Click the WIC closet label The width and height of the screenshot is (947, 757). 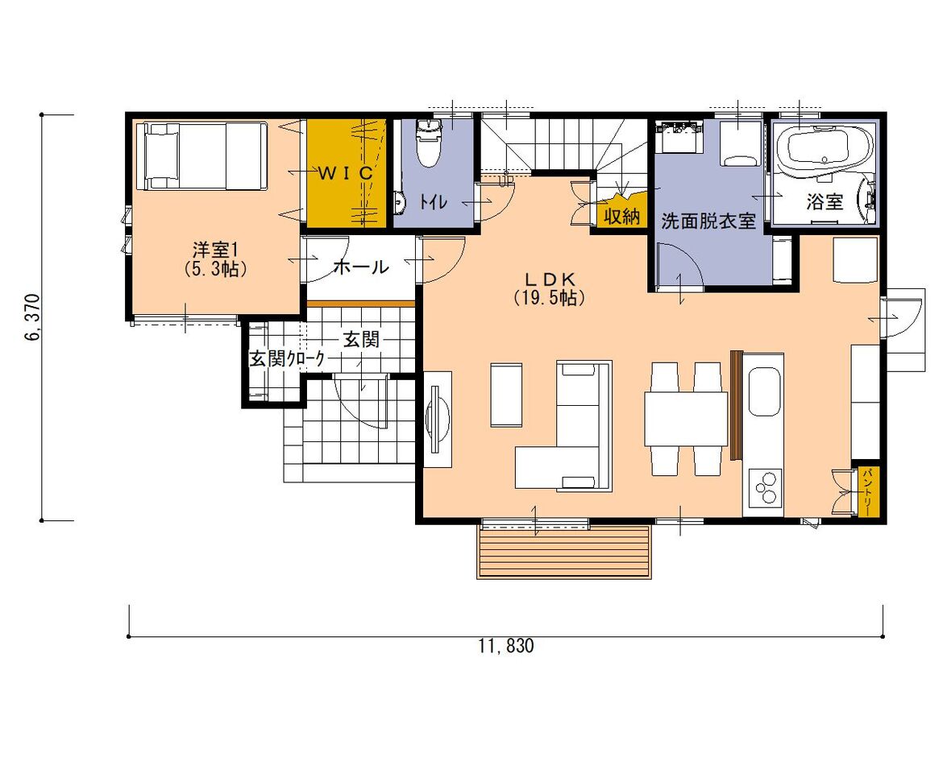(x=345, y=173)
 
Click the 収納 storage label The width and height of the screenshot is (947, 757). (x=622, y=216)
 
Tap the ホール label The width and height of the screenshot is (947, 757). (x=359, y=267)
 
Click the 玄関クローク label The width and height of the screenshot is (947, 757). (x=287, y=359)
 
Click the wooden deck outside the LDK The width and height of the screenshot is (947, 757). (x=563, y=552)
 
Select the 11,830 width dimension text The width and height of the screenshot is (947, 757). (x=507, y=647)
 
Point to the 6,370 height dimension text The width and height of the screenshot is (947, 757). (x=32, y=317)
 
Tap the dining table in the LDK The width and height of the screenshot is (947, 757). (x=686, y=419)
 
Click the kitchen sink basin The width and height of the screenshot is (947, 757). (x=765, y=392)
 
